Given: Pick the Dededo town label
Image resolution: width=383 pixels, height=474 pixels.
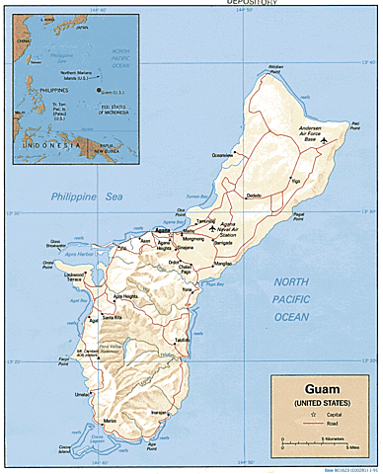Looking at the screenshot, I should point(255,195).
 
